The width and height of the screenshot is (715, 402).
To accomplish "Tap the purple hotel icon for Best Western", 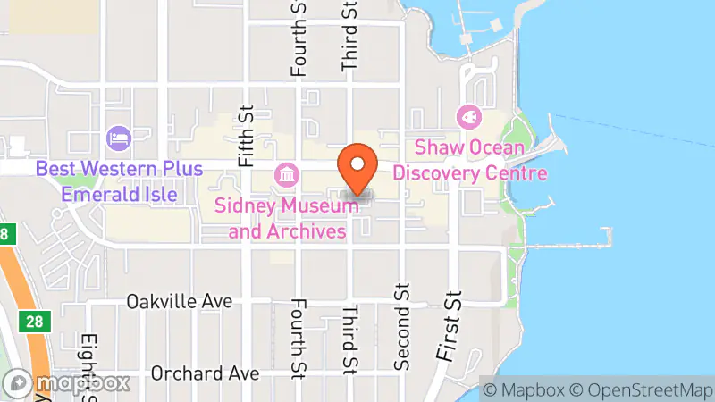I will (x=119, y=138).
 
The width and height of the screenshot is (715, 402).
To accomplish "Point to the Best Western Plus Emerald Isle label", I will (x=119, y=180).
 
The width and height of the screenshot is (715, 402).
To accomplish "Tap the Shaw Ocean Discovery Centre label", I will (x=469, y=158).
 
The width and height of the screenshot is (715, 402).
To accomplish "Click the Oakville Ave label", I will (x=180, y=301).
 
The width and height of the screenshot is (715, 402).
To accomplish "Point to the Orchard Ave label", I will (x=191, y=372).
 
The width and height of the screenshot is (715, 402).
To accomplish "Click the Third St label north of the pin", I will (x=349, y=36).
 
